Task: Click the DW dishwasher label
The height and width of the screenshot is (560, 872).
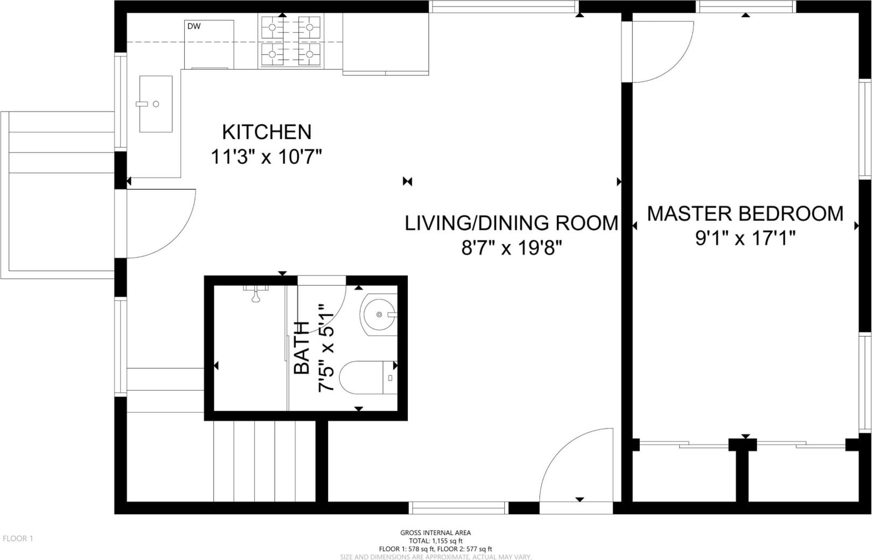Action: point(194,26)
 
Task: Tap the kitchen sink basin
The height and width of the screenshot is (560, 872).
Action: point(156,104)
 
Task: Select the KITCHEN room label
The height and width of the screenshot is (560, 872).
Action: point(267,132)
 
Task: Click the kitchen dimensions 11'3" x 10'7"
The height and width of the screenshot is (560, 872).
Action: point(266,157)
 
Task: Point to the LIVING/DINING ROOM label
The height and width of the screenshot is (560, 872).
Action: point(512,223)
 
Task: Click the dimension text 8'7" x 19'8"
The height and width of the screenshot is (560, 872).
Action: point(512,248)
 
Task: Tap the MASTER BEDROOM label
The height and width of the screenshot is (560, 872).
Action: point(745,214)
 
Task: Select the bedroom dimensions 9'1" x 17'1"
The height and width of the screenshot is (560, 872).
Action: point(745,238)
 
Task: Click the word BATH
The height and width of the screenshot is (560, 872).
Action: point(302,349)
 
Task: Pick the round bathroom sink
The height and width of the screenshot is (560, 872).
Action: point(379,314)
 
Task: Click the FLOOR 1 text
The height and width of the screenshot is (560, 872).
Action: point(18,538)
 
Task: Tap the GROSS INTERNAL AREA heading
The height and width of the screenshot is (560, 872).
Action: point(436,533)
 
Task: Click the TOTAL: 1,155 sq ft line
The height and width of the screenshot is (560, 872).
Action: point(436,541)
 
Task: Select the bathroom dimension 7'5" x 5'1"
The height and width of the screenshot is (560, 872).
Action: point(326,348)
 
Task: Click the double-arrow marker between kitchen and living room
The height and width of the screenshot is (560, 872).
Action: point(408,182)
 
